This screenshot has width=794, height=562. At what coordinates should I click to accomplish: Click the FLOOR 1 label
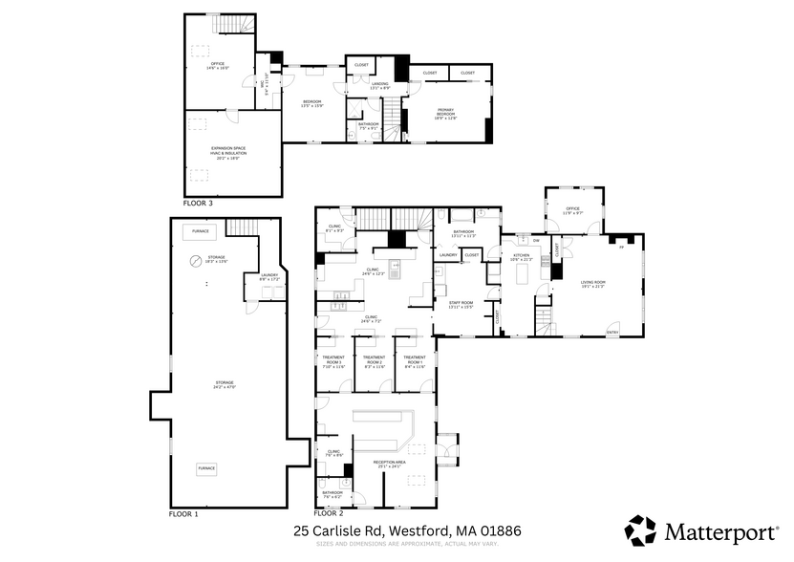tap(183, 514)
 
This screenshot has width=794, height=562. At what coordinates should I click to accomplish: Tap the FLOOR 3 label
tap(198, 204)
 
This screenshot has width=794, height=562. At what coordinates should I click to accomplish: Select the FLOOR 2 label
tap(329, 514)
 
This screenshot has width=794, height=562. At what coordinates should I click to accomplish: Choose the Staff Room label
tap(461, 304)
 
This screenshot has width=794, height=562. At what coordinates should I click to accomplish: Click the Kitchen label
tap(521, 256)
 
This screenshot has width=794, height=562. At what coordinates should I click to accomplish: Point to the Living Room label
tap(592, 283)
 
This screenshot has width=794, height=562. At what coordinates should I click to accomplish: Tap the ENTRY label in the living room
tap(612, 333)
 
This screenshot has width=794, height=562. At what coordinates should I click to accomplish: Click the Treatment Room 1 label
tap(415, 361)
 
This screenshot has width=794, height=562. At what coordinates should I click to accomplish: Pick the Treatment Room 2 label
tap(374, 361)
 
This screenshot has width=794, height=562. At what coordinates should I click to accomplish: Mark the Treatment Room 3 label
tap(332, 361)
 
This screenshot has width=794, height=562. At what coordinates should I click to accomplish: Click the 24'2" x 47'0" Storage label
tap(225, 383)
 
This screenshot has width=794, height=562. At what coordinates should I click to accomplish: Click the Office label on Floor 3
tap(218, 65)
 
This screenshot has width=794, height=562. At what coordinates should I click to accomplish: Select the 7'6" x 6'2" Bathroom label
tap(332, 494)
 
